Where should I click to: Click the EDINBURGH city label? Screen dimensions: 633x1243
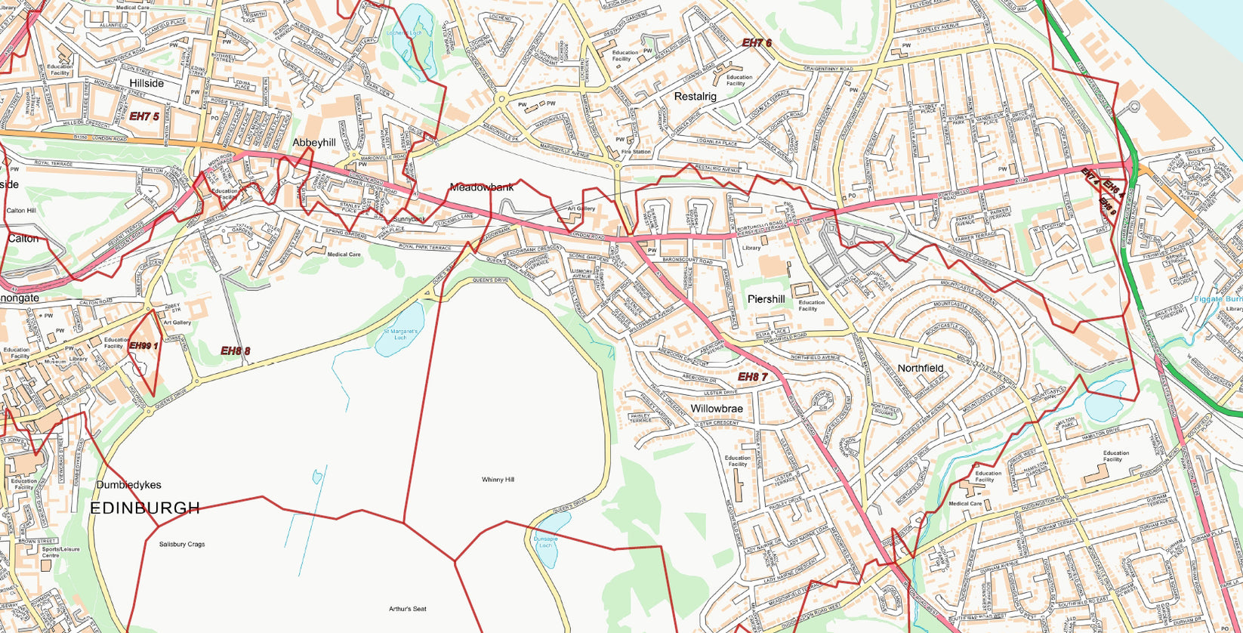(145, 508)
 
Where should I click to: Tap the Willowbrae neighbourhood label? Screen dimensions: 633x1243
(717, 409)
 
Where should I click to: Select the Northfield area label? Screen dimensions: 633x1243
(920, 369)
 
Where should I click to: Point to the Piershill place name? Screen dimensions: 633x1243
(766, 299)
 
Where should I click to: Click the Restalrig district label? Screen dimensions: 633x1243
(695, 97)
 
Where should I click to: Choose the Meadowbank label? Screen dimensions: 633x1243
(481, 187)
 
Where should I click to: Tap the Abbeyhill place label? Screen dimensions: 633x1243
(313, 142)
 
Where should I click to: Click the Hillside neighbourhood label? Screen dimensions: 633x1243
(147, 83)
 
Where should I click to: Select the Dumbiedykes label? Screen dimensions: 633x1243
(128, 485)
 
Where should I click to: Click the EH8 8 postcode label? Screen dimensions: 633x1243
(235, 350)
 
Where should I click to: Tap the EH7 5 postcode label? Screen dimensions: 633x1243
(143, 116)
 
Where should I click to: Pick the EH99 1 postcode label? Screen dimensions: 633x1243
(143, 346)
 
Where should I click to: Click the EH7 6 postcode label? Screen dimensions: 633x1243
(757, 43)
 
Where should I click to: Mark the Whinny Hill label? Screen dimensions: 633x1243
(498, 480)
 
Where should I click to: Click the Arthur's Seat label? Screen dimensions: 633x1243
(408, 609)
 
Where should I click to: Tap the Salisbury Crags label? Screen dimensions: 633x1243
(181, 544)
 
